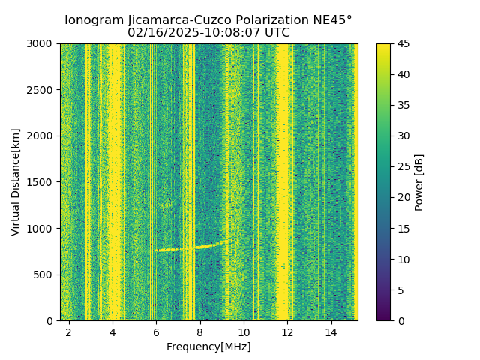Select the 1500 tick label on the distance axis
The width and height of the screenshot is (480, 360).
42,182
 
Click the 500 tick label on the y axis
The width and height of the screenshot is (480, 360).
45,274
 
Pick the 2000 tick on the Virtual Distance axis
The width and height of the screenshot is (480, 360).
42,136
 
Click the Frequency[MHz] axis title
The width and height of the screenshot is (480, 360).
208,346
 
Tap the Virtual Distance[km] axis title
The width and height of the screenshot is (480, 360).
16,181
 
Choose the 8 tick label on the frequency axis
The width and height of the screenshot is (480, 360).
200,331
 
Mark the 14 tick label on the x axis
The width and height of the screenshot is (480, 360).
331,331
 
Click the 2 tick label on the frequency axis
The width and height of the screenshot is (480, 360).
69,331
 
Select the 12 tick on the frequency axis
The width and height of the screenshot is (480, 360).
287,331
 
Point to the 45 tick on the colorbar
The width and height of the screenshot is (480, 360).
403,43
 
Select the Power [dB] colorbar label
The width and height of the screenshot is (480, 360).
419,182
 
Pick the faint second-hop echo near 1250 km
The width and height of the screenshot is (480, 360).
166,205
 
